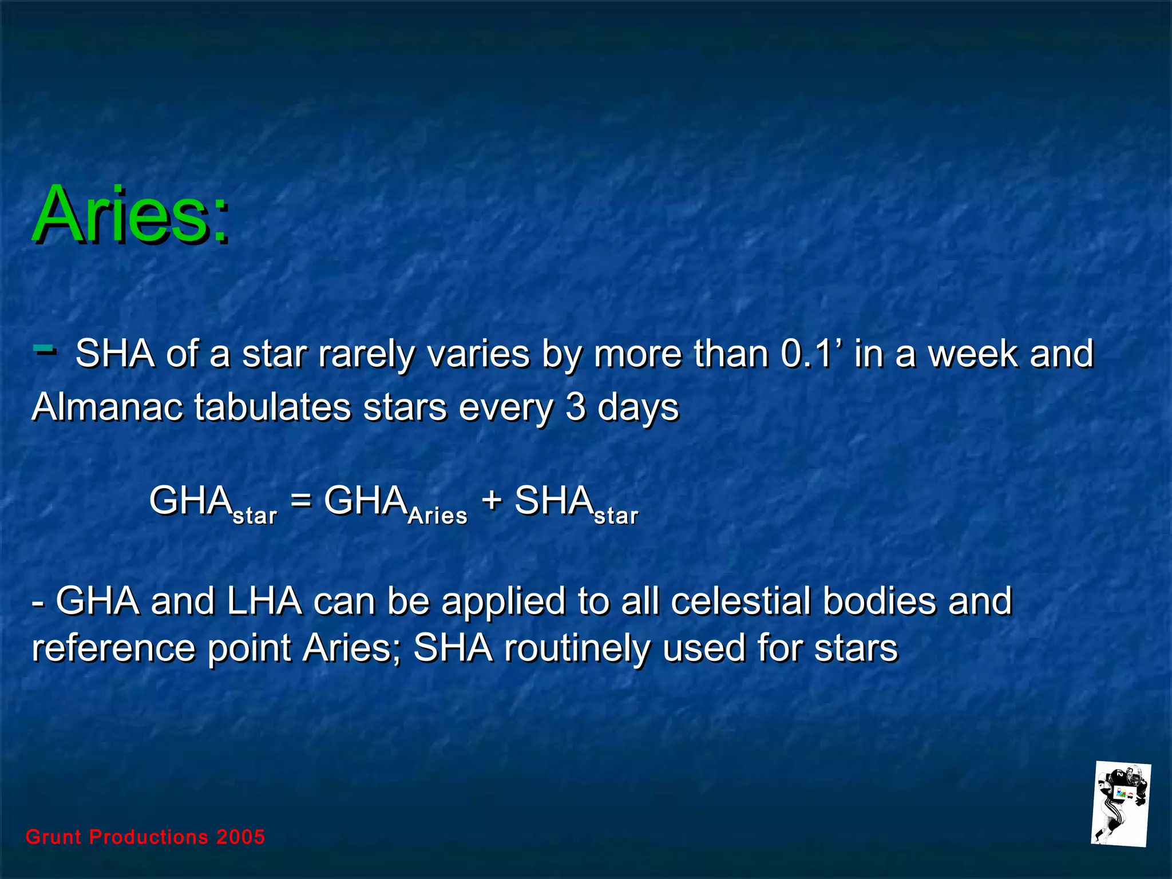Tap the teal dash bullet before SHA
click(x=45, y=348)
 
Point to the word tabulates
click(x=272, y=407)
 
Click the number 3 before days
click(x=575, y=407)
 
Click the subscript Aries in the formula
click(x=438, y=516)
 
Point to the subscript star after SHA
click(x=616, y=516)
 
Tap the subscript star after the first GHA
click(x=255, y=516)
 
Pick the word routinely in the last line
click(x=577, y=648)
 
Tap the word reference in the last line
click(x=114, y=648)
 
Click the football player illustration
click(x=1120, y=804)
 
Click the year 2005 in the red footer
click(x=241, y=837)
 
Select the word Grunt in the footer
click(x=54, y=837)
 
